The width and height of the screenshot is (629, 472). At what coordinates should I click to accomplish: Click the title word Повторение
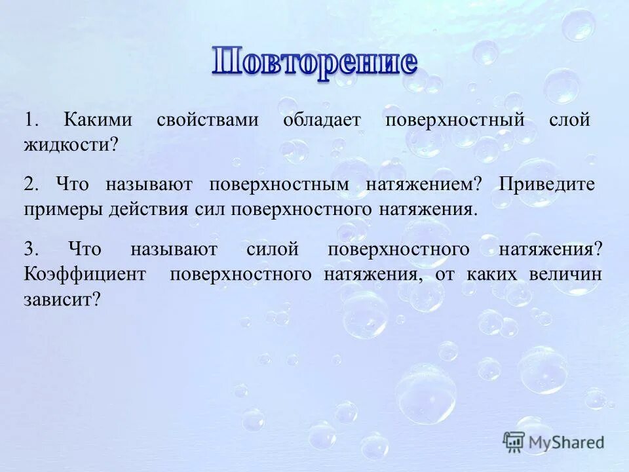[314, 63]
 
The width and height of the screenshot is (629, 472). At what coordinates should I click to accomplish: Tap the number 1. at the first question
[32, 121]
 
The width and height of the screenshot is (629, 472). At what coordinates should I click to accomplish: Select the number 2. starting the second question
[32, 185]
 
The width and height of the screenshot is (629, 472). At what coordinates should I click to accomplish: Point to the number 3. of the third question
[32, 249]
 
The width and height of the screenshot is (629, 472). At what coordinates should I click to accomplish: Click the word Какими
[98, 121]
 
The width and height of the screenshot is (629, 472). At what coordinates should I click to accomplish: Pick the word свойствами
[207, 121]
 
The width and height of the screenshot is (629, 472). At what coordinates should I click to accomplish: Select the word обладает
[321, 121]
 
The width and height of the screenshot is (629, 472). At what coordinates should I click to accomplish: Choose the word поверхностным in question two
[279, 185]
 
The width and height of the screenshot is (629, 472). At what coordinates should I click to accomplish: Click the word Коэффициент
[85, 274]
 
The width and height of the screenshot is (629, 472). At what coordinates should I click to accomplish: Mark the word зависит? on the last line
[62, 300]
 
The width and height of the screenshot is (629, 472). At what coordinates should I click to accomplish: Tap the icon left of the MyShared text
[514, 442]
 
